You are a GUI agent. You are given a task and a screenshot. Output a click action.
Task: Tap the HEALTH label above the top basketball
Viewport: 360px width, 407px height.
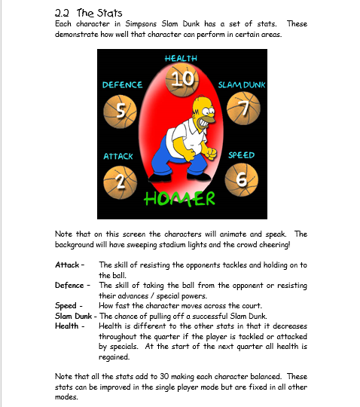click(x=180, y=58)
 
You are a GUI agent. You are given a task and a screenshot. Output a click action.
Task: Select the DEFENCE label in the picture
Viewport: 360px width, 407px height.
click(x=122, y=84)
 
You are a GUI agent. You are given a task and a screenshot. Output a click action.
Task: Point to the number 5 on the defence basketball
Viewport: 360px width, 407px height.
click(x=121, y=109)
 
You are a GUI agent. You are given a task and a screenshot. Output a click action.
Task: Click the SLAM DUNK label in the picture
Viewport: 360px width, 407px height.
click(x=240, y=84)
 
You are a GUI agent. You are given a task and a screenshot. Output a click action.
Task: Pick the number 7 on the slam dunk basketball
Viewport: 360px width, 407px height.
click(x=241, y=109)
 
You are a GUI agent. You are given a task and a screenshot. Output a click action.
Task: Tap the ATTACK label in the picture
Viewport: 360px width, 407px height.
click(x=118, y=156)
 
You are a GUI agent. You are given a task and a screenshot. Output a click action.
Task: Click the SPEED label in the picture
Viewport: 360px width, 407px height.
click(x=241, y=155)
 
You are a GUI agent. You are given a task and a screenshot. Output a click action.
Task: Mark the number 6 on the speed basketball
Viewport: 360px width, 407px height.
click(x=241, y=179)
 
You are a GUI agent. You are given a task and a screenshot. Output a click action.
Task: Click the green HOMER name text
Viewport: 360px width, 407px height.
click(x=180, y=198)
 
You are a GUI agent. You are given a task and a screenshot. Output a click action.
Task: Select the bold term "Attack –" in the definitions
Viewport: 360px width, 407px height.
click(x=70, y=265)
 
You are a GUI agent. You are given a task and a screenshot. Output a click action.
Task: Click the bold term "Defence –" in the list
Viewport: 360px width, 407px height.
click(x=73, y=286)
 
